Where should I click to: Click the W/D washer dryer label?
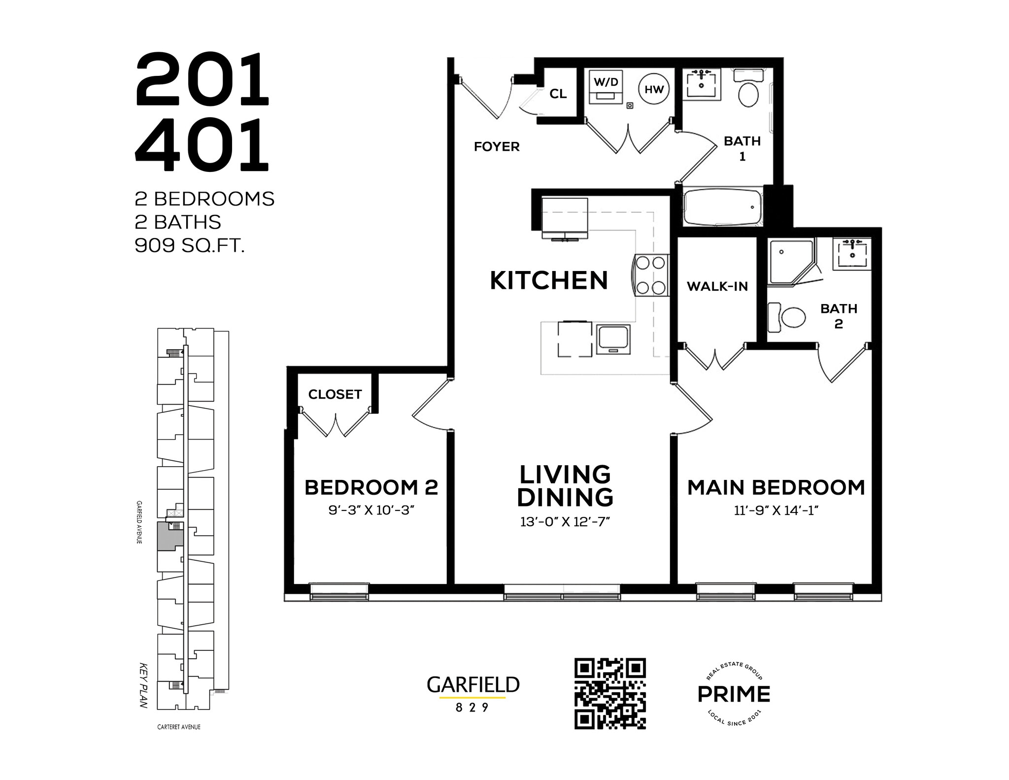(606, 82)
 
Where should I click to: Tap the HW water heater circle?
(654, 90)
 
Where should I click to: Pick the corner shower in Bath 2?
(788, 261)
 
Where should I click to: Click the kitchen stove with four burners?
(650, 275)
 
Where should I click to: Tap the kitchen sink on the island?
(613, 339)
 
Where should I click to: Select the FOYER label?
(497, 147)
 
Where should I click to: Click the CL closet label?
(558, 94)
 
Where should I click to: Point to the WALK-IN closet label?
(717, 286)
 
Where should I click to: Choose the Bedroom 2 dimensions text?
(370, 510)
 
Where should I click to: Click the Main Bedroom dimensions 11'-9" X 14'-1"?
(776, 510)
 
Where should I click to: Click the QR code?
(610, 693)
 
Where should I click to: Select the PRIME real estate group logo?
(734, 694)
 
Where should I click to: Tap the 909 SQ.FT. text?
(190, 245)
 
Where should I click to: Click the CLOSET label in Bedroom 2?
(335, 394)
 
